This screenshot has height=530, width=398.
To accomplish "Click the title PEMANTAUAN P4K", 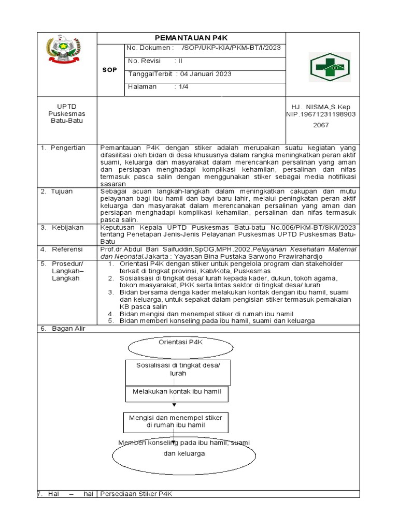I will pyautogui.click(x=192, y=37).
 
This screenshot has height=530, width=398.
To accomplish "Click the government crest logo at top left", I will pyautogui.click(x=64, y=50).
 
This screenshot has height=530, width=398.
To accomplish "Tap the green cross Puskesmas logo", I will pyautogui.click(x=330, y=67).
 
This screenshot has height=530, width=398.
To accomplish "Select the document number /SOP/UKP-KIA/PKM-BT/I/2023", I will pyautogui.click(x=232, y=48).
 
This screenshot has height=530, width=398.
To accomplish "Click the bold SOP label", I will pyautogui.click(x=109, y=69).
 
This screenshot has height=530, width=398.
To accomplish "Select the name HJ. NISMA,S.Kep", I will pyautogui.click(x=321, y=106).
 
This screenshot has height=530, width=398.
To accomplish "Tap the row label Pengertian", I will pyautogui.click(x=67, y=148).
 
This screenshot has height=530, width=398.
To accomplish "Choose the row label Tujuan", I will pyautogui.click(x=62, y=192).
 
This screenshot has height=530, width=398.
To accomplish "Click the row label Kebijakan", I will pyautogui.click(x=67, y=227).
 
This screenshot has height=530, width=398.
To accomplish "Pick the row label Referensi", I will pyautogui.click(x=67, y=249).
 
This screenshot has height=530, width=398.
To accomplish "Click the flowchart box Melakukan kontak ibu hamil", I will pyautogui.click(x=177, y=392).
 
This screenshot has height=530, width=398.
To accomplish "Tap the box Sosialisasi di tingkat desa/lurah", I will pyautogui.click(x=178, y=369).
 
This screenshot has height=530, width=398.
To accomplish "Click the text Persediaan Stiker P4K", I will pyautogui.click(x=136, y=494).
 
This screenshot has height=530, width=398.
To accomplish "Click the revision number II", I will pyautogui.click(x=180, y=61).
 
